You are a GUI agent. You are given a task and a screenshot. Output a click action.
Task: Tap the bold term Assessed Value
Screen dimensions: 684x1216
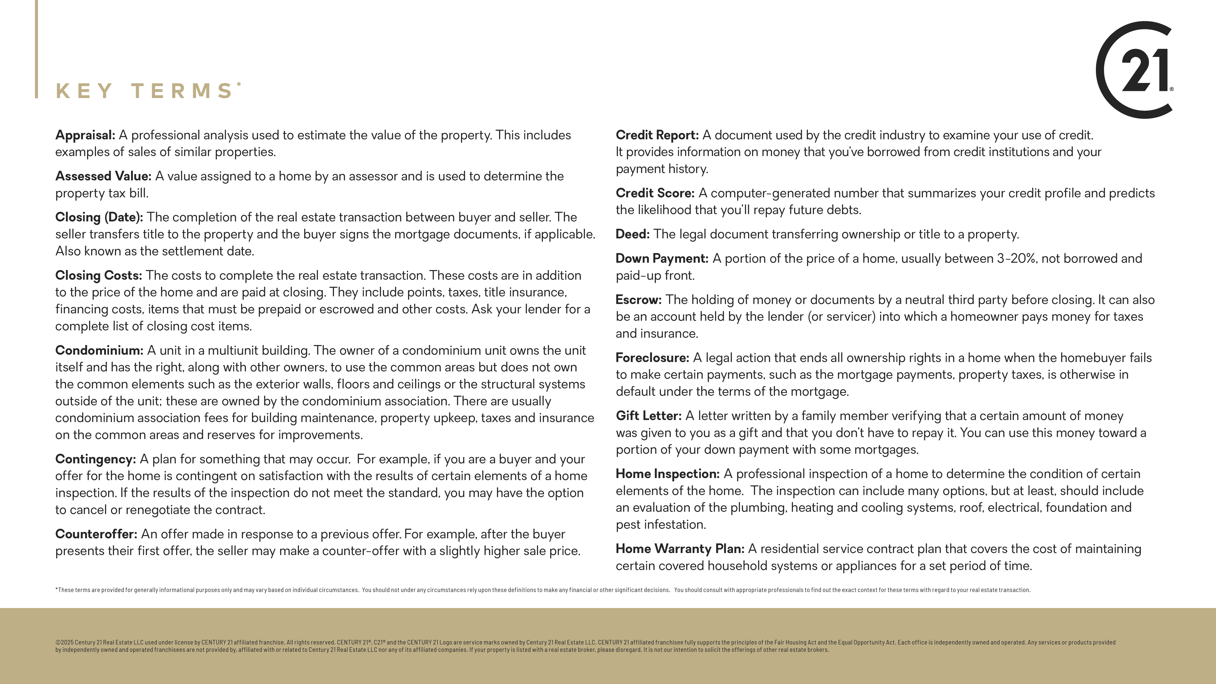coord(103,176)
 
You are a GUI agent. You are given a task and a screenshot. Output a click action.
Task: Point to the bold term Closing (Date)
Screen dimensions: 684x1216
coord(99,217)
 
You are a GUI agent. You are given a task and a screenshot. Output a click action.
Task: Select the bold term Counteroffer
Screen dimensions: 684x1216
coord(96,534)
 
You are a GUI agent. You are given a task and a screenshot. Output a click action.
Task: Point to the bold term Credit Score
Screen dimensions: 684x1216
coord(655,193)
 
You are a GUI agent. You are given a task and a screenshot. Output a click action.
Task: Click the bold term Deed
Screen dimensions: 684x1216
coord(632,234)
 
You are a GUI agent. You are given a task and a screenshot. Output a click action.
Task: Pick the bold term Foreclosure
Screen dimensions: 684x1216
coord(652,358)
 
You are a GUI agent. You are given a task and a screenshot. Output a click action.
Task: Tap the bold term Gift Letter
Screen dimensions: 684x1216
coord(648,416)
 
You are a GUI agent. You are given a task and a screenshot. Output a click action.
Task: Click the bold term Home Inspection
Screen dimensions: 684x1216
coord(667,474)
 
